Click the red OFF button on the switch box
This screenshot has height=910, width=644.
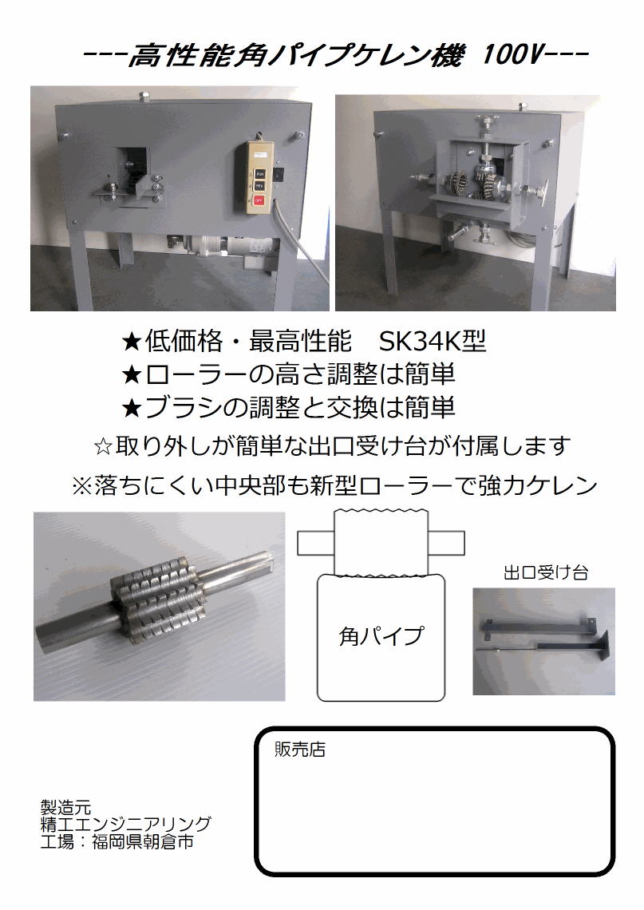(x=259, y=200)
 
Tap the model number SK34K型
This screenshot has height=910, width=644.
(x=433, y=342)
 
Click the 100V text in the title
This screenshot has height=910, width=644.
(x=512, y=55)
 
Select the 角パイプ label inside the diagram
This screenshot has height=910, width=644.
(x=381, y=636)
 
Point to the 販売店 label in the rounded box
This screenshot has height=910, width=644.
(x=300, y=750)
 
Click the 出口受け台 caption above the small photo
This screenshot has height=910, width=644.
(x=546, y=573)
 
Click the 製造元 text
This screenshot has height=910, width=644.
(x=65, y=807)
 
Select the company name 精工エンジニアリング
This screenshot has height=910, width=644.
(x=126, y=824)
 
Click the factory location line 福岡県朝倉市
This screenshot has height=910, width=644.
(x=143, y=841)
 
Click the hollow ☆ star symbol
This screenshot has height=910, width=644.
(x=103, y=448)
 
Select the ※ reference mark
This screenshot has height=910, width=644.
(x=81, y=486)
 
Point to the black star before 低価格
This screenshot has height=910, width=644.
(x=132, y=342)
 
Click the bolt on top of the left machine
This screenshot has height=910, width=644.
(x=144, y=96)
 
